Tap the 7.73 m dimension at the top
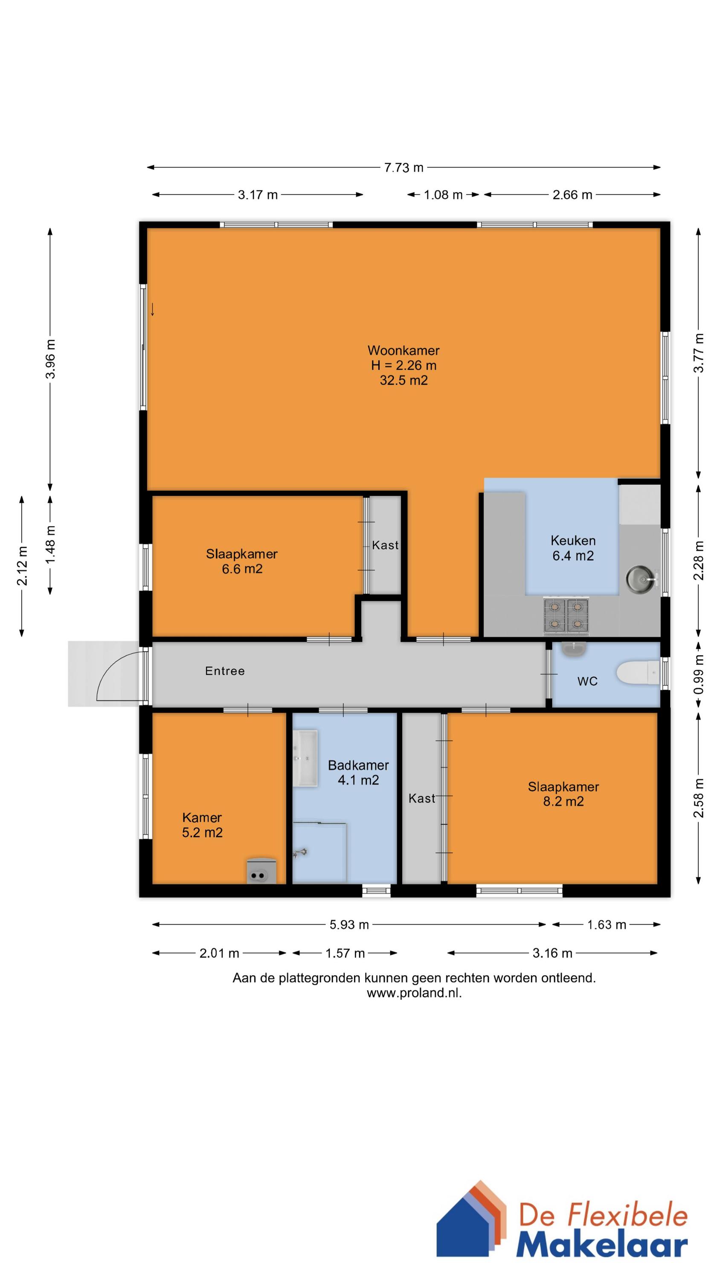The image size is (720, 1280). click(x=404, y=167)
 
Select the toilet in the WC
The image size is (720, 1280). click(x=638, y=674)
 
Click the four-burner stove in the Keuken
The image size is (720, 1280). click(x=566, y=616)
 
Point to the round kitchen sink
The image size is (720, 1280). click(x=641, y=579)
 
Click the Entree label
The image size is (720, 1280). click(x=225, y=671)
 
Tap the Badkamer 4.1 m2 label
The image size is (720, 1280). click(x=358, y=773)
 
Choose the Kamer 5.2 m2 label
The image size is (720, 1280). click(x=202, y=825)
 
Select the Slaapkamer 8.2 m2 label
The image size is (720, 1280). click(x=563, y=794)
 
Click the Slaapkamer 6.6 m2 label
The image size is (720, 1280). click(x=242, y=561)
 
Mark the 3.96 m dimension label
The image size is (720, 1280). click(x=50, y=359)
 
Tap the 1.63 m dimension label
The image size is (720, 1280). click(x=607, y=925)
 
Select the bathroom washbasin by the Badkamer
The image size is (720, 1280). click(x=305, y=758)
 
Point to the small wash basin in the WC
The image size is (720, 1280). click(x=573, y=649)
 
